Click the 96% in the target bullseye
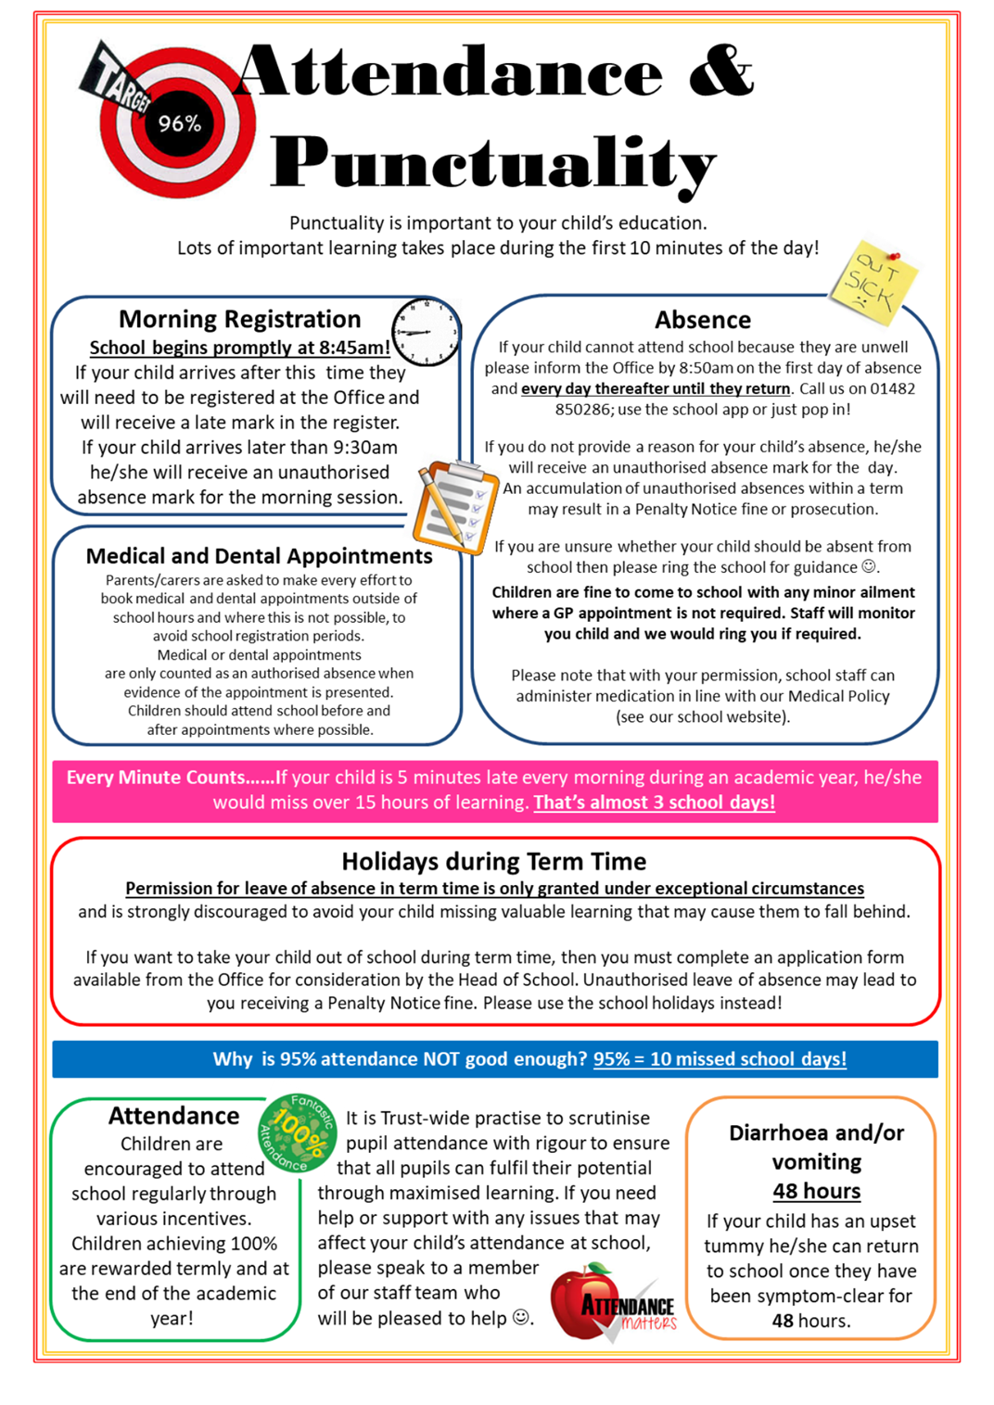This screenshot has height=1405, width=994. point(179,123)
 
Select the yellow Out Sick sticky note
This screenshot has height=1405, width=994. point(873,281)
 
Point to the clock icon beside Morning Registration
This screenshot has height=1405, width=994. point(426,331)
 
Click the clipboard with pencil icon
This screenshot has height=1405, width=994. point(454,506)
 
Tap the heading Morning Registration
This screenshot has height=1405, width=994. point(239,319)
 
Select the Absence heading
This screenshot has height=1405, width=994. point(702,320)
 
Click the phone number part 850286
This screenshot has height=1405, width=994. point(588,410)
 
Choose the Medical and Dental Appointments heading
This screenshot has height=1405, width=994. point(259,556)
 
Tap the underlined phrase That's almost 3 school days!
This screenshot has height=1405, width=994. point(654,803)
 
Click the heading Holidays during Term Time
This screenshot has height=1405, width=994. point(493,862)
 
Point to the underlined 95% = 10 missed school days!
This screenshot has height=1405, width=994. point(720,1059)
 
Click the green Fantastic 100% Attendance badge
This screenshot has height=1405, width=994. point(297,1132)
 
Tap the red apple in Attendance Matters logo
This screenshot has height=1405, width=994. point(580,1302)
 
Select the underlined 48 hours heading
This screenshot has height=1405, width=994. point(816,1191)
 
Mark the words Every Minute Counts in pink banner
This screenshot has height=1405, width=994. point(156,778)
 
